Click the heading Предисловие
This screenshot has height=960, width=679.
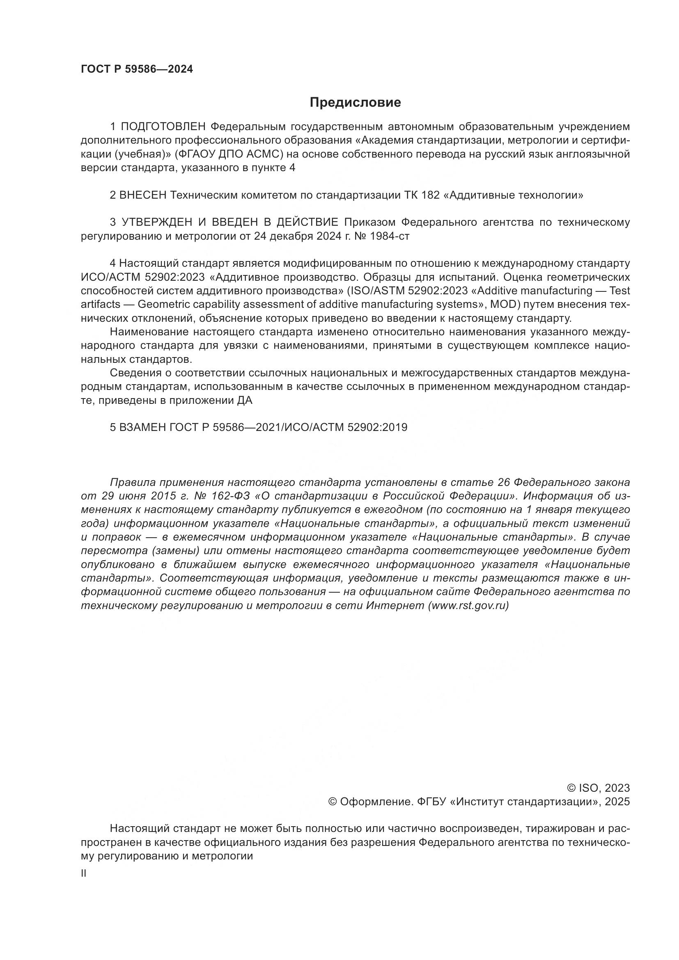(355, 103)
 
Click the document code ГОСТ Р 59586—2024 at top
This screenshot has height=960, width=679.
(137, 69)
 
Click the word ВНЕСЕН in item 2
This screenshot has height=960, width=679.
(143, 195)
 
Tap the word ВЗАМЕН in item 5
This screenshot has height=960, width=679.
(143, 427)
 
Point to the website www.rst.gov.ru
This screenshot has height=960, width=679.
(468, 606)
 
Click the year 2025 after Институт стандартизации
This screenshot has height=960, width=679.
(617, 802)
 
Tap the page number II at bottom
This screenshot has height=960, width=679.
(84, 873)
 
